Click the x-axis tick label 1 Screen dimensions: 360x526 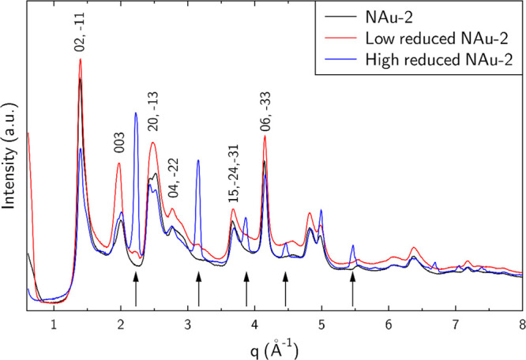(53, 322)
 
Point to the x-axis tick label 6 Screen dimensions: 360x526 (389, 322)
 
